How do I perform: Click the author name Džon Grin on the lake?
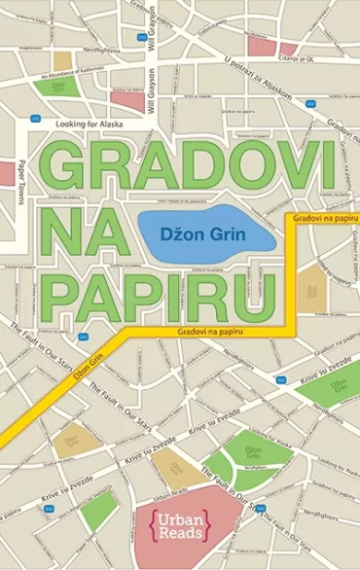coord(204,233)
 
